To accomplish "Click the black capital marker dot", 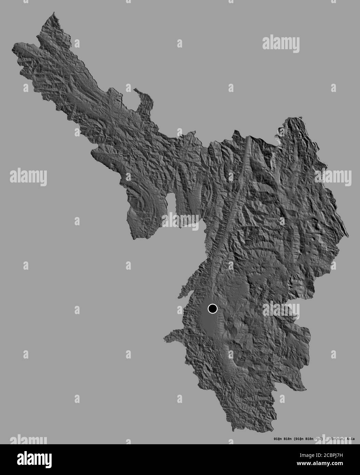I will tap(213, 309).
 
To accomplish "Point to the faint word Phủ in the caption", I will tap(318, 438).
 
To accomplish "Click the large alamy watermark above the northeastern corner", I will tap(281, 44).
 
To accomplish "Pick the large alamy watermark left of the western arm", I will tap(28, 177).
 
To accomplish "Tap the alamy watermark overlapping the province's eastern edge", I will tap(333, 177).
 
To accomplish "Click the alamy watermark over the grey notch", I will tap(180, 221).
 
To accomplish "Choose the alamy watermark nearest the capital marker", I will tap(281, 310).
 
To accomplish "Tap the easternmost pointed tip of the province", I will tap(348, 236).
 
